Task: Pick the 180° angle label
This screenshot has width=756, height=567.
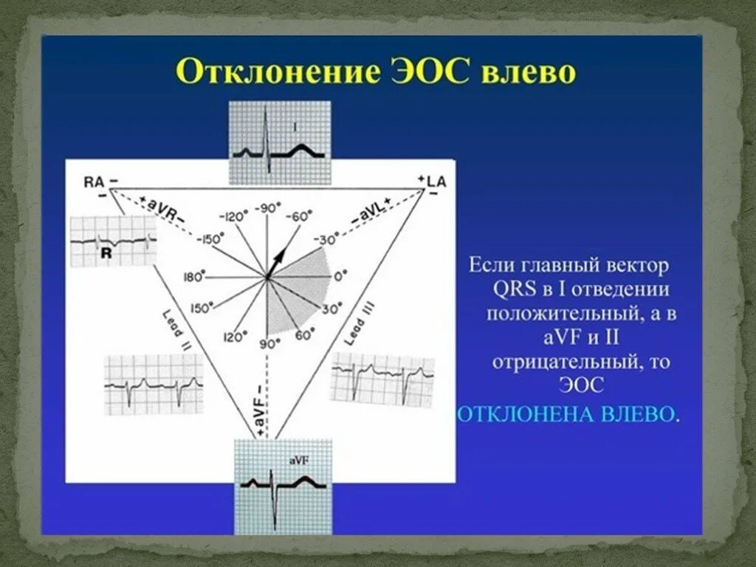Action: pyautogui.click(x=193, y=277)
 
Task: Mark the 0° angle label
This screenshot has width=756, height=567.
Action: pyautogui.click(x=339, y=277)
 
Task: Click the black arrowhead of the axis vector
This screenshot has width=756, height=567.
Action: pyautogui.click(x=280, y=255)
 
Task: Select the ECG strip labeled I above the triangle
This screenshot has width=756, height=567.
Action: pyautogui.click(x=279, y=142)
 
